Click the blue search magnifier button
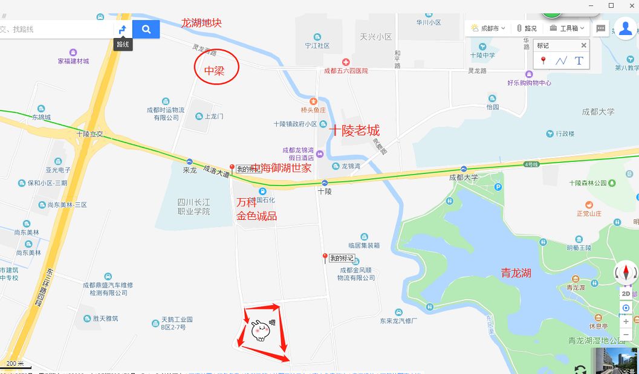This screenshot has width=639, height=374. pos(146,29)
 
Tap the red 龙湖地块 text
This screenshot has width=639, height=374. pos(201,23)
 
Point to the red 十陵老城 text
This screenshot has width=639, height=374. pos(354,131)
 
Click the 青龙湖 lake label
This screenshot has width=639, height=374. pos(516,273)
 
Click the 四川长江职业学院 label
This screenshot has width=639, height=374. pos(193,207)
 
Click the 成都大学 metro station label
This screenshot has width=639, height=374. pos(463,178)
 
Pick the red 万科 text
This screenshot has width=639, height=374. pos(247,202)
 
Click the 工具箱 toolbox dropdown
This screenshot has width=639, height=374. pos(567,28)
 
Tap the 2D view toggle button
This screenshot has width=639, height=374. pos(626,293)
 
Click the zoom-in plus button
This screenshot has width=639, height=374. pos(626,321)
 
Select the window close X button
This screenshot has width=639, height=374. pos(629,5)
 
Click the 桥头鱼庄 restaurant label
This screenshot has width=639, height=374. pos(313,110)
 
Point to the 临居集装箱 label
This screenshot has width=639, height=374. pos(364,245)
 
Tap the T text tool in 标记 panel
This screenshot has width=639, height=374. pos(579,60)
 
